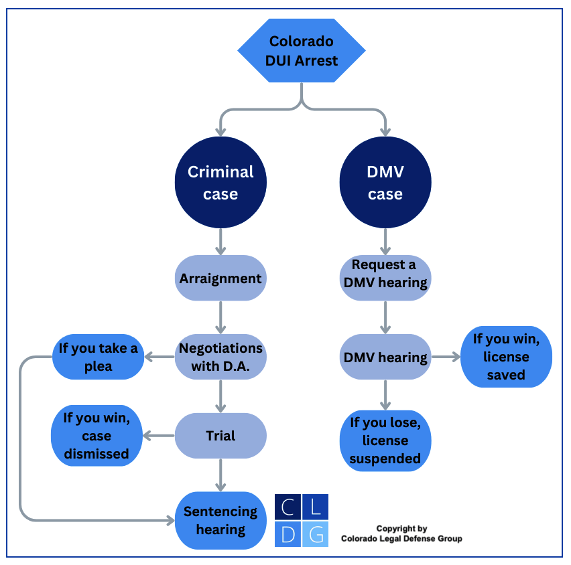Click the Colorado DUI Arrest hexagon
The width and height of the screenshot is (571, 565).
[x=302, y=51]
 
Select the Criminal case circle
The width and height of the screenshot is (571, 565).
[x=220, y=183]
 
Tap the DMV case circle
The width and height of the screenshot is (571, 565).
[x=385, y=183]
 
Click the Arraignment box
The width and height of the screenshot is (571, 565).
[x=220, y=278]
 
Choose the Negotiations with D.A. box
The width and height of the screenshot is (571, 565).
[x=220, y=357]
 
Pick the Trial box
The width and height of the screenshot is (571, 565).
[x=220, y=436]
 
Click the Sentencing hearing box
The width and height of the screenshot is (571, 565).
[x=220, y=520]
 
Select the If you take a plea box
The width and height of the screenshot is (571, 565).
[x=99, y=357]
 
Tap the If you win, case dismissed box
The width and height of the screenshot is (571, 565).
[x=97, y=436]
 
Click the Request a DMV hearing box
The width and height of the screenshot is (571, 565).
[x=385, y=274]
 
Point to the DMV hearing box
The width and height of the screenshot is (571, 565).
[x=385, y=357]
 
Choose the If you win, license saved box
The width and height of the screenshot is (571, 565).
[x=506, y=357]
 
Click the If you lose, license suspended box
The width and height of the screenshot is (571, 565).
[x=385, y=440]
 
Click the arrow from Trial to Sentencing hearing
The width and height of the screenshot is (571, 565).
[x=220, y=475]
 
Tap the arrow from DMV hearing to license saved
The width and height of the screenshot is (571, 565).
[x=445, y=357]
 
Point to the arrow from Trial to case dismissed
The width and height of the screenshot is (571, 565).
[x=158, y=436]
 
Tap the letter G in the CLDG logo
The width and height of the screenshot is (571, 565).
[x=316, y=534]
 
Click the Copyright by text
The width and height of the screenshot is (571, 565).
[x=401, y=528]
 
